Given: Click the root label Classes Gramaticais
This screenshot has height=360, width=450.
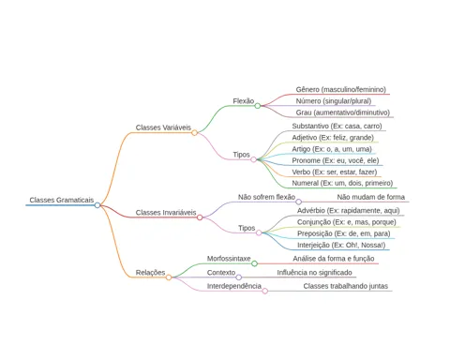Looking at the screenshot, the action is click(62, 200).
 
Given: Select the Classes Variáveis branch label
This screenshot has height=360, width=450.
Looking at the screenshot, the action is click(163, 127).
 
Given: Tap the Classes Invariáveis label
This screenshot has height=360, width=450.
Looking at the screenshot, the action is click(166, 213).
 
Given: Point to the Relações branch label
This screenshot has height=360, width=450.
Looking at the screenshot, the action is click(150, 273).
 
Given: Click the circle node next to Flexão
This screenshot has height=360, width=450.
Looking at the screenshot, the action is click(258, 106).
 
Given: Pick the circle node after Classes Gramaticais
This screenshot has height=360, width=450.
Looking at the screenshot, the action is click(97, 205).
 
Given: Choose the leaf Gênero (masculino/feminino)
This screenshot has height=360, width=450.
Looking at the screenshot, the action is click(341, 89).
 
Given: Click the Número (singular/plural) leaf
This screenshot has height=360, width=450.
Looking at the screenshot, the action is click(334, 101).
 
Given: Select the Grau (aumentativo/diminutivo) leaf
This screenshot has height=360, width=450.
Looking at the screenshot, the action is click(343, 112).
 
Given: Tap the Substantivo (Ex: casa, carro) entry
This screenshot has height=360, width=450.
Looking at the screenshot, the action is click(337, 126).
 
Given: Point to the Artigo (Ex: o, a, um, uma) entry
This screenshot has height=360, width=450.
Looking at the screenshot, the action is click(332, 149).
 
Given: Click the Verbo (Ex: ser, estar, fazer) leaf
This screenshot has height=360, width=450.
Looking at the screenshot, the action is click(335, 172).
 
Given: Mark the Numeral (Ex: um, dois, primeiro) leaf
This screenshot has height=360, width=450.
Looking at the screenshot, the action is click(342, 183).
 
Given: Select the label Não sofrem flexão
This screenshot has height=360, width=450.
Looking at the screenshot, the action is click(266, 197).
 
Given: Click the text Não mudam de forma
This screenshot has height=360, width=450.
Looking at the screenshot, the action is click(371, 197).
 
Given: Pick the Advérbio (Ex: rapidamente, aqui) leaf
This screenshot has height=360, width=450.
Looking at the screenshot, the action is click(349, 211).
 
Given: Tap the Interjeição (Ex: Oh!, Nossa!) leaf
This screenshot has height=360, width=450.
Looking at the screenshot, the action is click(341, 245).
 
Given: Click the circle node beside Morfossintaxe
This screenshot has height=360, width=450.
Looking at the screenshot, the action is click(254, 263).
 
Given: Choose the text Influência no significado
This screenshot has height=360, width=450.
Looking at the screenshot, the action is click(314, 273).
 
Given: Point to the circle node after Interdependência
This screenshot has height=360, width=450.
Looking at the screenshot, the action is click(265, 291).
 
